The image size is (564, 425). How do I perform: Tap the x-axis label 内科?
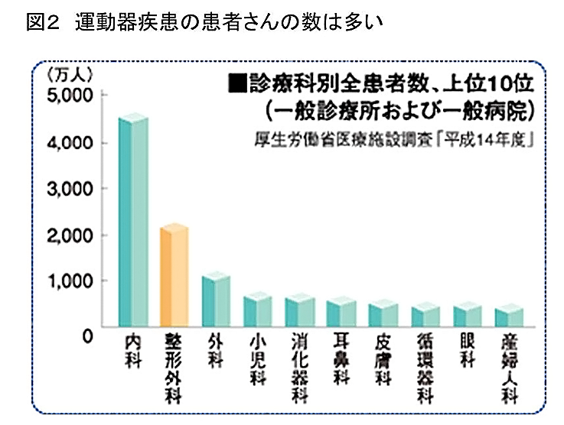click(x=132, y=352)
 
